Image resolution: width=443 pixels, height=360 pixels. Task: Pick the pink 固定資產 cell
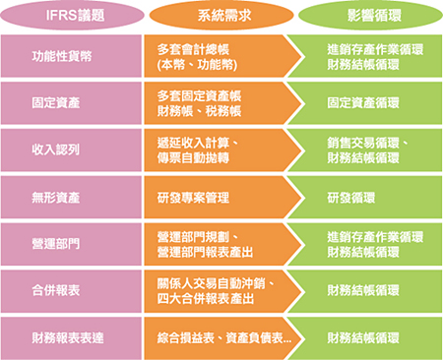[69, 102]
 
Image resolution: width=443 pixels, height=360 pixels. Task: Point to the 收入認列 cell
[69, 150]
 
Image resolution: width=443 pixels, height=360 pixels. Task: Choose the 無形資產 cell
[69, 198]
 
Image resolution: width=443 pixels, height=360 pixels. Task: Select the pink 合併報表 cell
[69, 291]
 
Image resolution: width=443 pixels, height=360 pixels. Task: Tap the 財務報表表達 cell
[69, 337]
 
